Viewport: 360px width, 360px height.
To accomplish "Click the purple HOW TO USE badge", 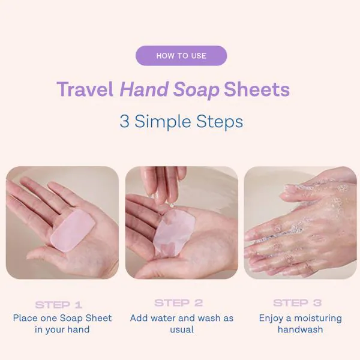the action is click(x=181, y=56).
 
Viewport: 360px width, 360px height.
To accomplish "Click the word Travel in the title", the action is click(x=85, y=89).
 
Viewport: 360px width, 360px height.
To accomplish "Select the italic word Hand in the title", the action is click(x=144, y=89).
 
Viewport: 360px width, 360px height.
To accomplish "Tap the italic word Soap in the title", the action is click(x=196, y=90).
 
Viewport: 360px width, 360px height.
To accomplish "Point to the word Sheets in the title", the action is click(x=257, y=89).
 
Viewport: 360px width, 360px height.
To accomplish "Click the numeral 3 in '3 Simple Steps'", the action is click(x=124, y=121).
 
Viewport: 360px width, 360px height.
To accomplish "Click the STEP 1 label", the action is click(x=59, y=305).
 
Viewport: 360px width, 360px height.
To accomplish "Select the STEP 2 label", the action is click(x=179, y=303).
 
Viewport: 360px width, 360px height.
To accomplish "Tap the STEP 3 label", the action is click(x=298, y=303).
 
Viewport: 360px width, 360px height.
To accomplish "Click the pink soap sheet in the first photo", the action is click(x=73, y=230).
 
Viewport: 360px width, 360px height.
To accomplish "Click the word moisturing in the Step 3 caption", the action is click(x=318, y=319).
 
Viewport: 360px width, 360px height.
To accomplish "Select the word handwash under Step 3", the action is click(x=301, y=329).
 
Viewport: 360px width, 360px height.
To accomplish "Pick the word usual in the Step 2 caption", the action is click(x=182, y=330).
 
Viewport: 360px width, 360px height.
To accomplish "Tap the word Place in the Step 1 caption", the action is click(x=25, y=318).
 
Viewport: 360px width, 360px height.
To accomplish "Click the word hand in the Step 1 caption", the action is click(x=78, y=329).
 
